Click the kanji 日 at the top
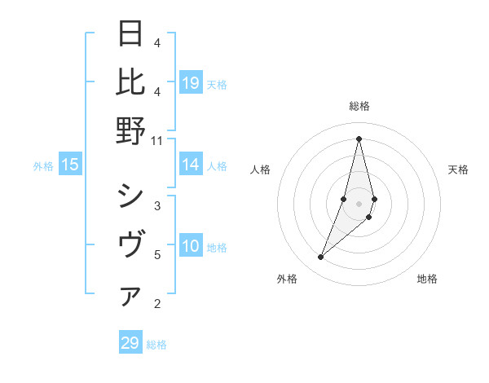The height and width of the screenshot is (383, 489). pyautogui.click(x=131, y=34)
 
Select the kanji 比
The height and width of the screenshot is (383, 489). pyautogui.click(x=131, y=82)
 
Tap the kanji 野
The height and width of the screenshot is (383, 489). pyautogui.click(x=131, y=130)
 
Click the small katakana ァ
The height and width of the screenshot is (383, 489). pyautogui.click(x=130, y=297)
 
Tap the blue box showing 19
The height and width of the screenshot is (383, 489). pyautogui.click(x=191, y=82)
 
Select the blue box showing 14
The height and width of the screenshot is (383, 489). pyautogui.click(x=191, y=165)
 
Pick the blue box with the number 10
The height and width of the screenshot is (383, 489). pyautogui.click(x=191, y=245)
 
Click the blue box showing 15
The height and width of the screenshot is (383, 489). pyautogui.click(x=70, y=165)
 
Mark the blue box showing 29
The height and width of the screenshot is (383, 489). pyautogui.click(x=130, y=343)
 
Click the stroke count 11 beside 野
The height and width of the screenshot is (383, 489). pyautogui.click(x=157, y=140)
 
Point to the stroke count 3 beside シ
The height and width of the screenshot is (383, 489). pyautogui.click(x=156, y=205)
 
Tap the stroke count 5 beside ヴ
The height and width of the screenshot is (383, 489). pyautogui.click(x=156, y=255)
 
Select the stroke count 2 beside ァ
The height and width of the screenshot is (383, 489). pyautogui.click(x=156, y=305)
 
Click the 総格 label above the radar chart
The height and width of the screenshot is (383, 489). pyautogui.click(x=359, y=106)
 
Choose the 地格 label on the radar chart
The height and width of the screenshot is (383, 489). pyautogui.click(x=427, y=279)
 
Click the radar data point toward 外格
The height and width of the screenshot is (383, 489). pyautogui.click(x=321, y=258)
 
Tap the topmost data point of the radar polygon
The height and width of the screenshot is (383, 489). pyautogui.click(x=359, y=139)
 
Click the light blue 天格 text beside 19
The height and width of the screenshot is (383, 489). pyautogui.click(x=217, y=84)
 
